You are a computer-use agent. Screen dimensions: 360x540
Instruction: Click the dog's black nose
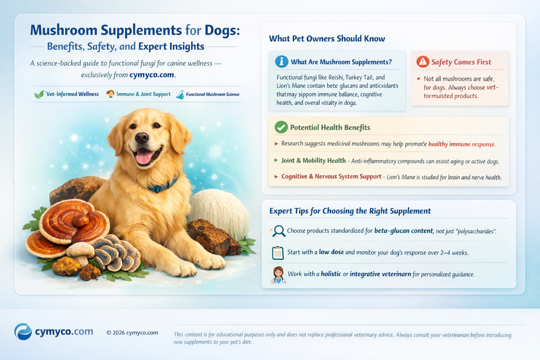(x=142, y=137)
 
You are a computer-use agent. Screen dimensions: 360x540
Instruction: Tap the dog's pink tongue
(x=143, y=157)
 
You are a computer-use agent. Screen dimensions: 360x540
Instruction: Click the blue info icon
(x=282, y=62)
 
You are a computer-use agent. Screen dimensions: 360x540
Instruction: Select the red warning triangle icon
(x=423, y=62)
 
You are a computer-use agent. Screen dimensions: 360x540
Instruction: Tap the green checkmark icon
(x=281, y=127)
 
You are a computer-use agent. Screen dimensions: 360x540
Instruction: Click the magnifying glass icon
(x=278, y=231)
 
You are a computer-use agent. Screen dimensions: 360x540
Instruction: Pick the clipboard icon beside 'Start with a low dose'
(x=278, y=253)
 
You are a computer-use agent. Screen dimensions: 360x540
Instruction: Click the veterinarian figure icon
(x=278, y=275)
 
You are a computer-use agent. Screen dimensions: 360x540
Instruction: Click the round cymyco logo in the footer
(x=23, y=332)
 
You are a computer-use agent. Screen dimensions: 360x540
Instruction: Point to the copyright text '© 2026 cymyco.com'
(x=132, y=333)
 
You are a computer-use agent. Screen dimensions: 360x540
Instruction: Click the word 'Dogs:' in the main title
(x=222, y=30)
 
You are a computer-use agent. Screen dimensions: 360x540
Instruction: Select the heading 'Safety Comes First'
(x=461, y=62)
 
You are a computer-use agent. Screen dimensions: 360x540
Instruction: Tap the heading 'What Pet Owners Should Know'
(x=327, y=39)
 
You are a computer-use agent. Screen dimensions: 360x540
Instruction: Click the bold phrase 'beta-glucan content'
(x=403, y=231)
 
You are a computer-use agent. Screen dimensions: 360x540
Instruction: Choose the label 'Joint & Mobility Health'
(x=313, y=161)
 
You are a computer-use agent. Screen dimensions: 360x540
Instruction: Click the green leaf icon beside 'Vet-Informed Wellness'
(x=39, y=94)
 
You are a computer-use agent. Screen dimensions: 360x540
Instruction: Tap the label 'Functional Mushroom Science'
(x=212, y=94)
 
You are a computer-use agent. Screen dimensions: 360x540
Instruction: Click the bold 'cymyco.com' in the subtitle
(x=152, y=75)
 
